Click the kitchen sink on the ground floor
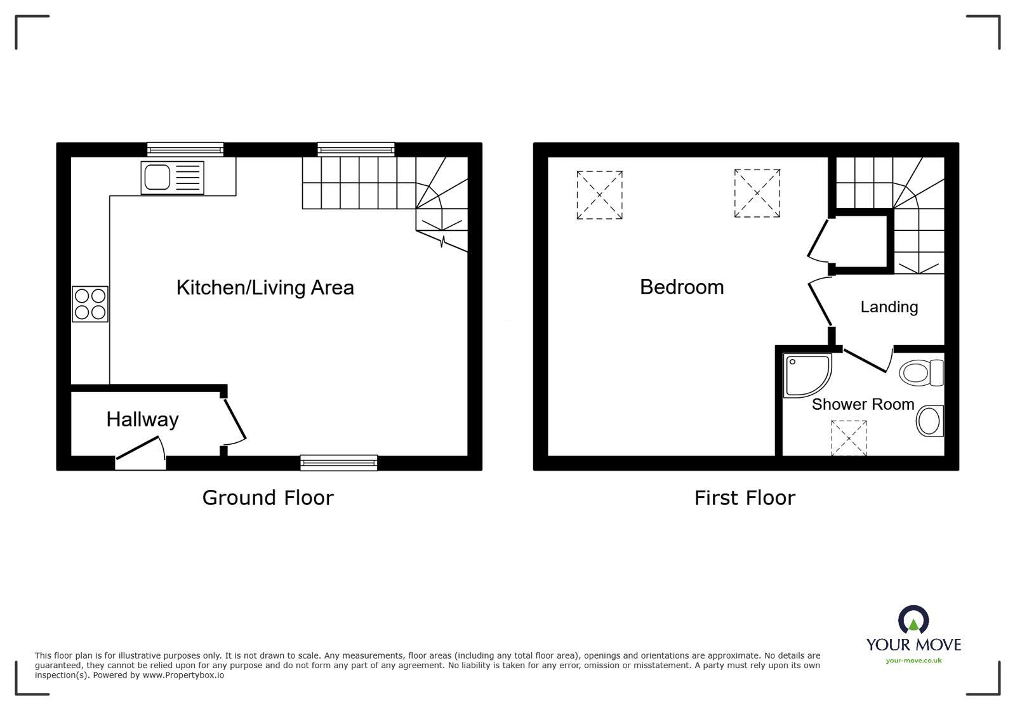(172, 177)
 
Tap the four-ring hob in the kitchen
(90, 304)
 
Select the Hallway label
(142, 419)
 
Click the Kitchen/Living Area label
(265, 287)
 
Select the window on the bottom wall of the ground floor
(339, 463)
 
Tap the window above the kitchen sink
(185, 150)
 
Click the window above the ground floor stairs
(356, 150)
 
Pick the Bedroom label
(682, 287)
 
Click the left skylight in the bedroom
(599, 195)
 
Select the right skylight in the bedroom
(757, 193)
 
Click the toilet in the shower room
(922, 372)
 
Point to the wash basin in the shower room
(930, 421)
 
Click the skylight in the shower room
(849, 438)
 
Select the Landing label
(889, 307)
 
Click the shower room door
(866, 360)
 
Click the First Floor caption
(745, 498)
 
